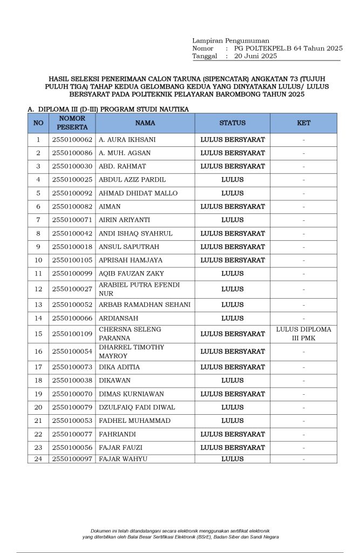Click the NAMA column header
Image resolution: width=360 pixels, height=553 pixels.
pos(145,123)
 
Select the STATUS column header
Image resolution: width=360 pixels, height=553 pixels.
pos(232,123)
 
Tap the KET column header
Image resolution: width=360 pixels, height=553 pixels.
pos(304,123)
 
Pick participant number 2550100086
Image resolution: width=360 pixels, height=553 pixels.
pos(72,153)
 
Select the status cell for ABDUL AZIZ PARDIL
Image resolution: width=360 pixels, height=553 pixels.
pos(232,179)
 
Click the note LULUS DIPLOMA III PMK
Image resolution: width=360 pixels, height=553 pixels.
pos(304,334)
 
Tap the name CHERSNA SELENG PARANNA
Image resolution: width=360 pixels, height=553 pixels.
pos(130,334)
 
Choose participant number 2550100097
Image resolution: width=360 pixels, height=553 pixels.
pos(72,459)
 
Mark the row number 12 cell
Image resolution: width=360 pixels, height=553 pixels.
pos(38,289)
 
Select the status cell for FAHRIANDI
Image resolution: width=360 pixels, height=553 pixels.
pos(232,434)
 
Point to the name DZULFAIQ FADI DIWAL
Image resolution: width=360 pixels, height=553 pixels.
pos(137,407)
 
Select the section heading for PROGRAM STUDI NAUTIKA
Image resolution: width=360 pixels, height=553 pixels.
pos(108,109)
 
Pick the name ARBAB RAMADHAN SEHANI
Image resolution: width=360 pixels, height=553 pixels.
pos(145,305)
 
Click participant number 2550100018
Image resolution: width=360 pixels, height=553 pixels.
pos(72,247)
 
